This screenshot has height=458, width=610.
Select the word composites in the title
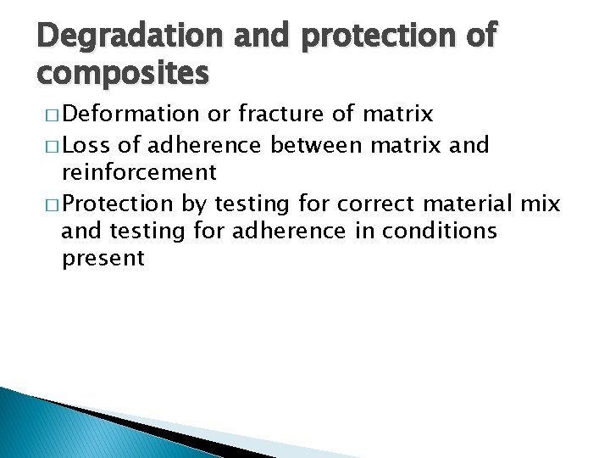click(123, 75)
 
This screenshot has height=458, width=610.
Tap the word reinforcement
click(139, 172)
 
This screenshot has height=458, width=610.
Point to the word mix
click(542, 204)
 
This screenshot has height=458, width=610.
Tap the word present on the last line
click(103, 259)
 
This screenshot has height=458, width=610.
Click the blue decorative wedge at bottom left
click(51, 428)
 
